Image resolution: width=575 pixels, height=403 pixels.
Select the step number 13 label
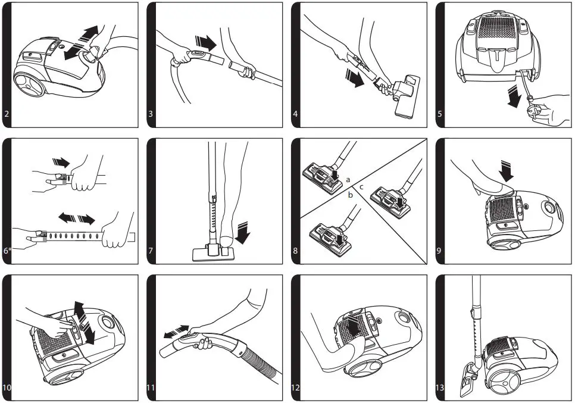tap(440, 388)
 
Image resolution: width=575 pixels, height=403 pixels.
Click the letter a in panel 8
tap(348, 179)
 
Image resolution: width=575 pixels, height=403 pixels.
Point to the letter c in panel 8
tap(361, 187)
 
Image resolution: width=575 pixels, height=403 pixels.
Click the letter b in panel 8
tap(351, 195)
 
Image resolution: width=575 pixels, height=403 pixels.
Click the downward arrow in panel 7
tap(244, 232)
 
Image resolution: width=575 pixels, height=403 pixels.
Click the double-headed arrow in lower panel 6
tap(76, 219)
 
